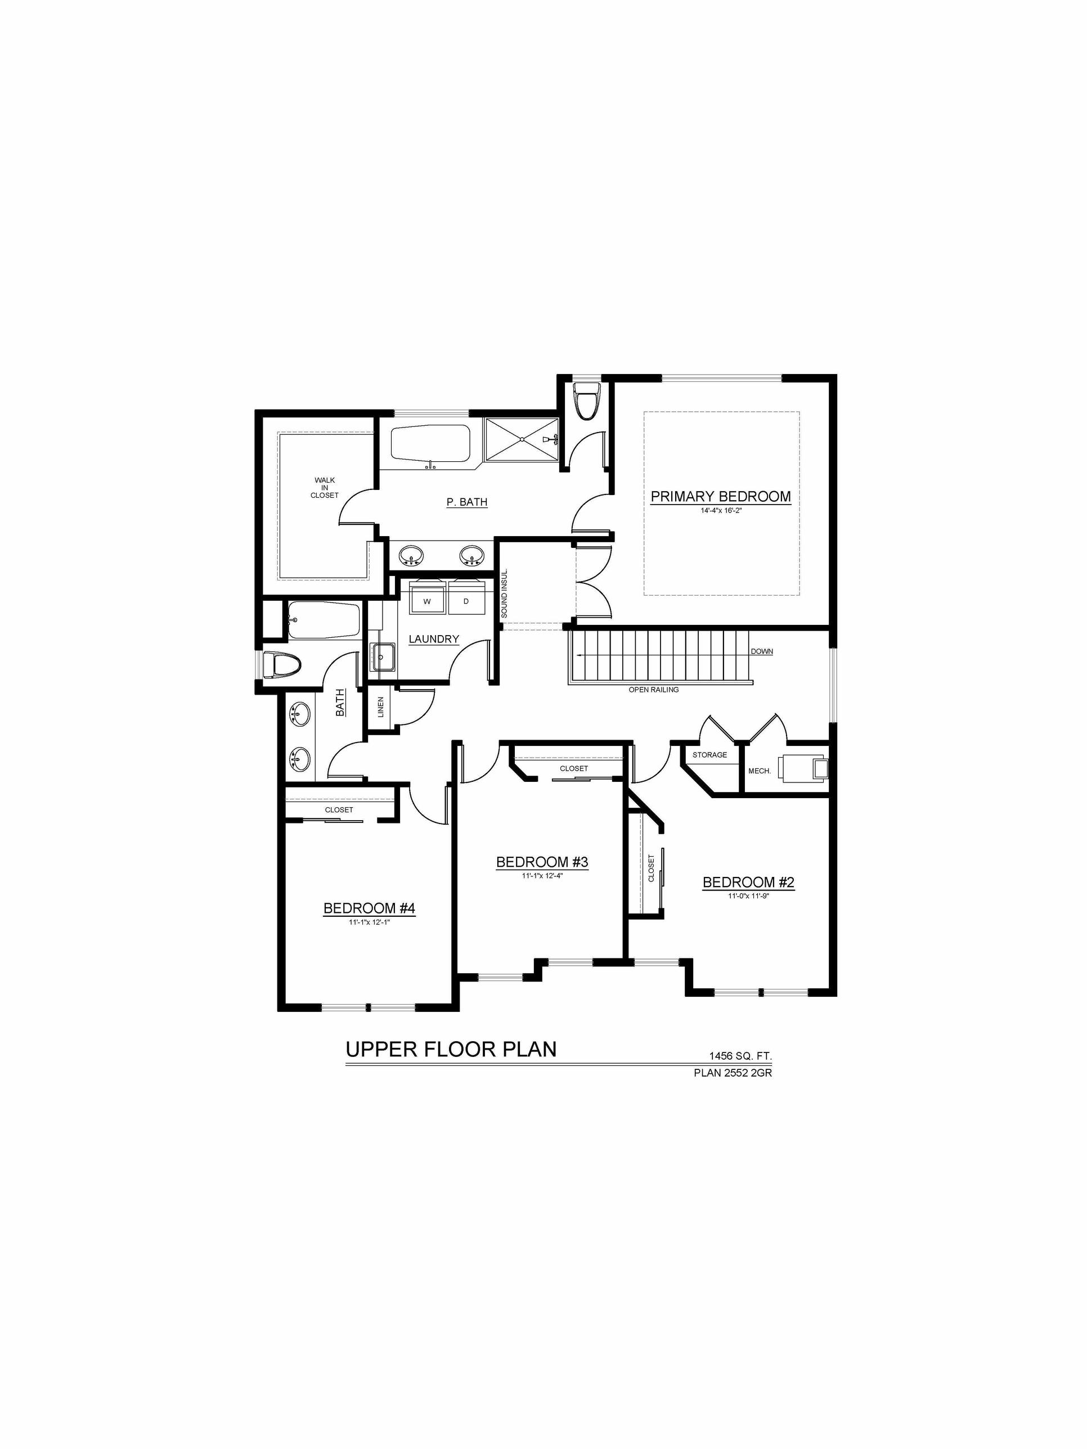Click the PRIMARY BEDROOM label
[720, 497]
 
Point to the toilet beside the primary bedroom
[586, 400]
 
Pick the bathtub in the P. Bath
[430, 443]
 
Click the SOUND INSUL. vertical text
[505, 593]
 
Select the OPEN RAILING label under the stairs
[653, 690]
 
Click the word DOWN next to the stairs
[761, 652]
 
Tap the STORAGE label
[709, 755]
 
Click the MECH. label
[760, 771]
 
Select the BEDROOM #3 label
[542, 862]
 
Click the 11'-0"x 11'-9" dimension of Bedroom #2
[748, 896]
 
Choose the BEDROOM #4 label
[370, 908]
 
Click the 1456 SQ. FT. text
[740, 1056]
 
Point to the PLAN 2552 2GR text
[733, 1073]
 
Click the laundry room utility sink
[383, 657]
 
